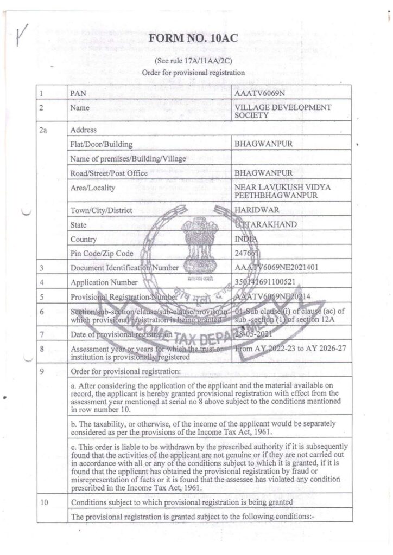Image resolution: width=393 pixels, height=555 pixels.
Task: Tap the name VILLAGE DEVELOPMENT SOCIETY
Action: coord(282,112)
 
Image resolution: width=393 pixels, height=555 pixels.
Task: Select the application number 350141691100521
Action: coord(266,282)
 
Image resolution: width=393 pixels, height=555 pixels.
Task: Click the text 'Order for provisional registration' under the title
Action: coord(193,72)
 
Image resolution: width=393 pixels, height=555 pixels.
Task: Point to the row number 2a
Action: coord(45,130)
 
